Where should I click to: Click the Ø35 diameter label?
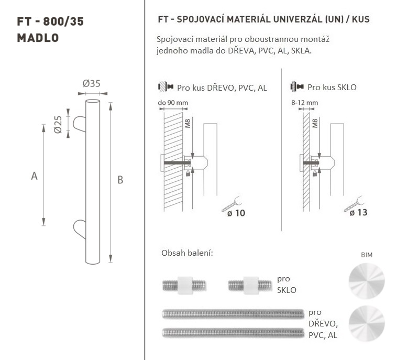[x=91, y=84]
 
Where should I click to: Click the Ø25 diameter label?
[x=58, y=124]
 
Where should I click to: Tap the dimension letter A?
[x=34, y=176]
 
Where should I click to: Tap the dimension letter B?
[x=120, y=180]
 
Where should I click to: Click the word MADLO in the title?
[x=38, y=38]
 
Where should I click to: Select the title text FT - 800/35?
[x=50, y=21]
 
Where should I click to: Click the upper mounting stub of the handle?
[x=80, y=124]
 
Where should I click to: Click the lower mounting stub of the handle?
[x=80, y=229]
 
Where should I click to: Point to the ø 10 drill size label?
[x=236, y=213]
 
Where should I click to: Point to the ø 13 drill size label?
[x=358, y=212]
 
